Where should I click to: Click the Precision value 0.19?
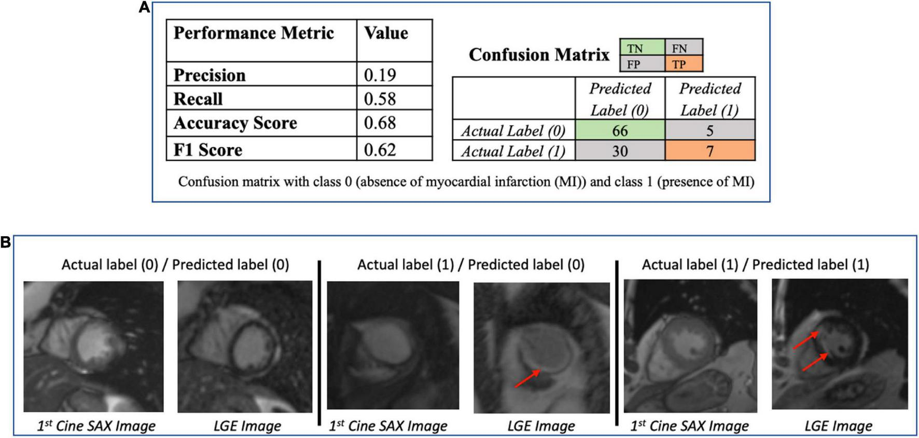tap(380, 75)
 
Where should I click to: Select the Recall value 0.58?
tap(380, 99)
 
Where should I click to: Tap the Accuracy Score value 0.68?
tap(380, 123)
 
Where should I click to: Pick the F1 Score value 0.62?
tap(380, 150)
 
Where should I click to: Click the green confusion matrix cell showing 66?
tap(620, 130)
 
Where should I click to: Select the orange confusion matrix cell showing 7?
tap(709, 151)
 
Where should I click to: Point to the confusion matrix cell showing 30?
tap(620, 151)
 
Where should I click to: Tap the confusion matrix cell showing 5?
tap(709, 130)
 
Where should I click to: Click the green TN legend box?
tap(642, 48)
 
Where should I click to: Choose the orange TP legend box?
tap(683, 64)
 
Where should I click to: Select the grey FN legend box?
tap(683, 48)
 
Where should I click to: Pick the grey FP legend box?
tap(642, 64)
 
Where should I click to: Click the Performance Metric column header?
tap(254, 33)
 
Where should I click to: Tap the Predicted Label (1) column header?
tap(709, 99)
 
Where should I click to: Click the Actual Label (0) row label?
tap(513, 131)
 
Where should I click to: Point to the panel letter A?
tap(144, 7)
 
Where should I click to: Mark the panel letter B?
tap(6, 242)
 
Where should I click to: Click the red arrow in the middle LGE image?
tap(527, 378)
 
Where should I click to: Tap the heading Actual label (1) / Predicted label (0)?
tap(470, 265)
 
